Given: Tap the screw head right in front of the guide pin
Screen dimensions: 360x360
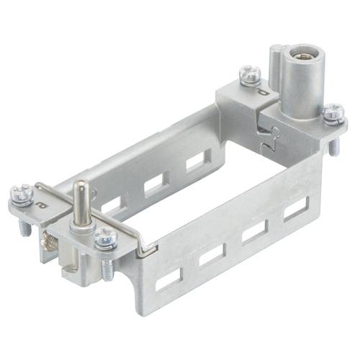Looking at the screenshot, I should tap(105, 235).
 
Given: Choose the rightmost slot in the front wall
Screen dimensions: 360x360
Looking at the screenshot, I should tap(295, 208).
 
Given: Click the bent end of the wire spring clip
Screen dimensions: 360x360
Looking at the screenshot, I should tap(146, 248).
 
